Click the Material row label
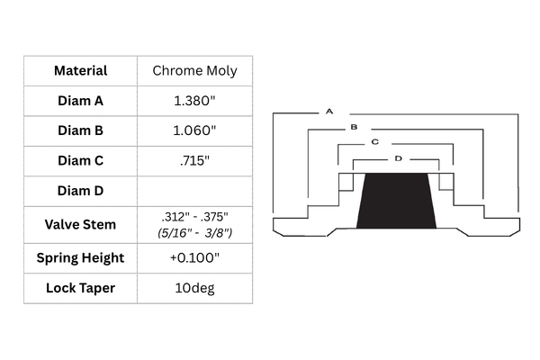coord(81,70)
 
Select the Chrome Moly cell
coord(195,70)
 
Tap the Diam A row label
coord(81,101)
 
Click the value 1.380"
coord(194,101)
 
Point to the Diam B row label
coord(81,130)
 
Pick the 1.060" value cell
coord(194,130)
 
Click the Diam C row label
coord(81,160)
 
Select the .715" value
coord(194,160)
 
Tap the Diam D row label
coord(81,191)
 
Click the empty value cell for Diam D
coord(195,191)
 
